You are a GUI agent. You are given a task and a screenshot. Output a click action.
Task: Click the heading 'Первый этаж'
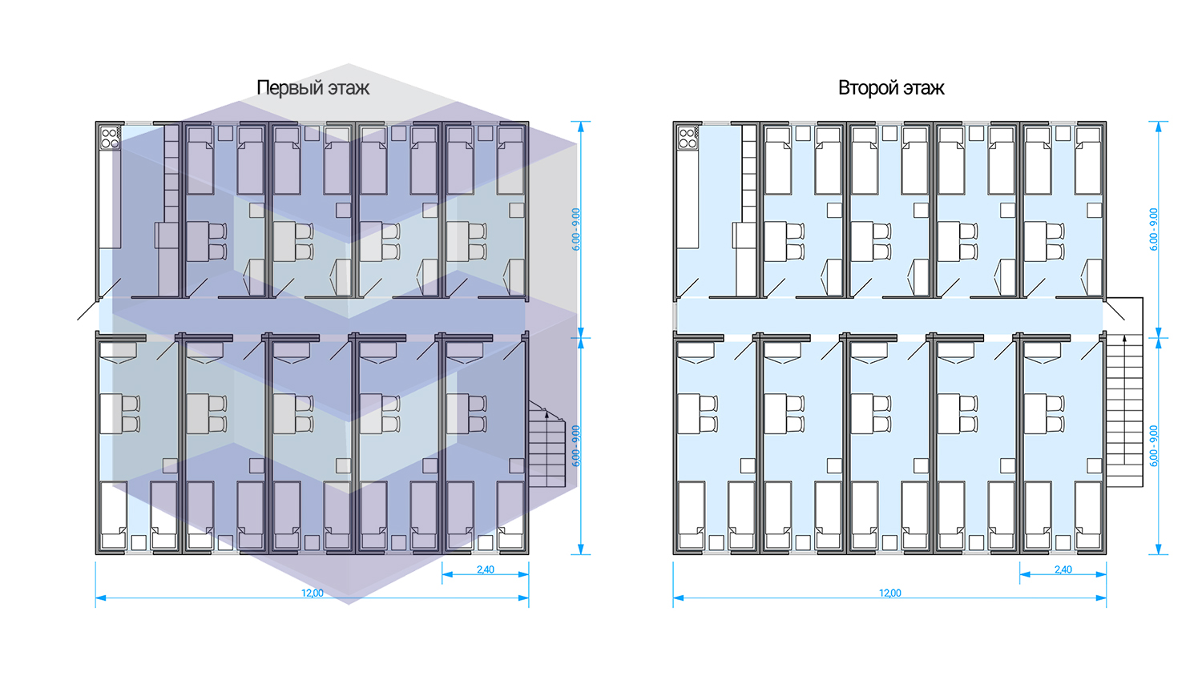[x=313, y=87]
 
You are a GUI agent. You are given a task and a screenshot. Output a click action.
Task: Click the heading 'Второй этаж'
[x=891, y=87]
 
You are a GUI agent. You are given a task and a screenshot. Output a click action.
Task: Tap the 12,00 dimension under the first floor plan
[x=313, y=594]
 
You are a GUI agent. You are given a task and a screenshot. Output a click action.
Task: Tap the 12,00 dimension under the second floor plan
[x=890, y=594]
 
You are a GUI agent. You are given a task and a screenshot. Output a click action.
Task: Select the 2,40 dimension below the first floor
[x=486, y=570]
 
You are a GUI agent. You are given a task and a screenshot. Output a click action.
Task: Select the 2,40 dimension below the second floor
[x=1063, y=570]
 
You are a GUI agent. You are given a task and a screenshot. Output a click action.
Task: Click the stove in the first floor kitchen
[x=110, y=138]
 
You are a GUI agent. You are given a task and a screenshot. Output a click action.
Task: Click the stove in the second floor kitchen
[x=688, y=138]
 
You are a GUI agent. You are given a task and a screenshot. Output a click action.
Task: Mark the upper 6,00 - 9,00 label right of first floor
[x=576, y=230]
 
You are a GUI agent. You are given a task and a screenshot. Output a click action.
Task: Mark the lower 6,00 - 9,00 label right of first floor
[x=576, y=446]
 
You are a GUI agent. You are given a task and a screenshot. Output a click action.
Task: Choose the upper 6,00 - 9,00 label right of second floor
[x=1154, y=230]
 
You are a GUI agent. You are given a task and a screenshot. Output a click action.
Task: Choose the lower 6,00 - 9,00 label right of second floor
[x=1154, y=446]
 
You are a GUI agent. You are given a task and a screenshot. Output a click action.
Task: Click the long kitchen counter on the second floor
[x=688, y=200]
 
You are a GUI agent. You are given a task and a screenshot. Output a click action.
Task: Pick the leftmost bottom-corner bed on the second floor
[x=692, y=515]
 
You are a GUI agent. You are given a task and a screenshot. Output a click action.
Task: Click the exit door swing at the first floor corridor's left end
[x=88, y=309]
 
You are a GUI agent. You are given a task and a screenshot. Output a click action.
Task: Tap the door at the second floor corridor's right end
[x=1115, y=309]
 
